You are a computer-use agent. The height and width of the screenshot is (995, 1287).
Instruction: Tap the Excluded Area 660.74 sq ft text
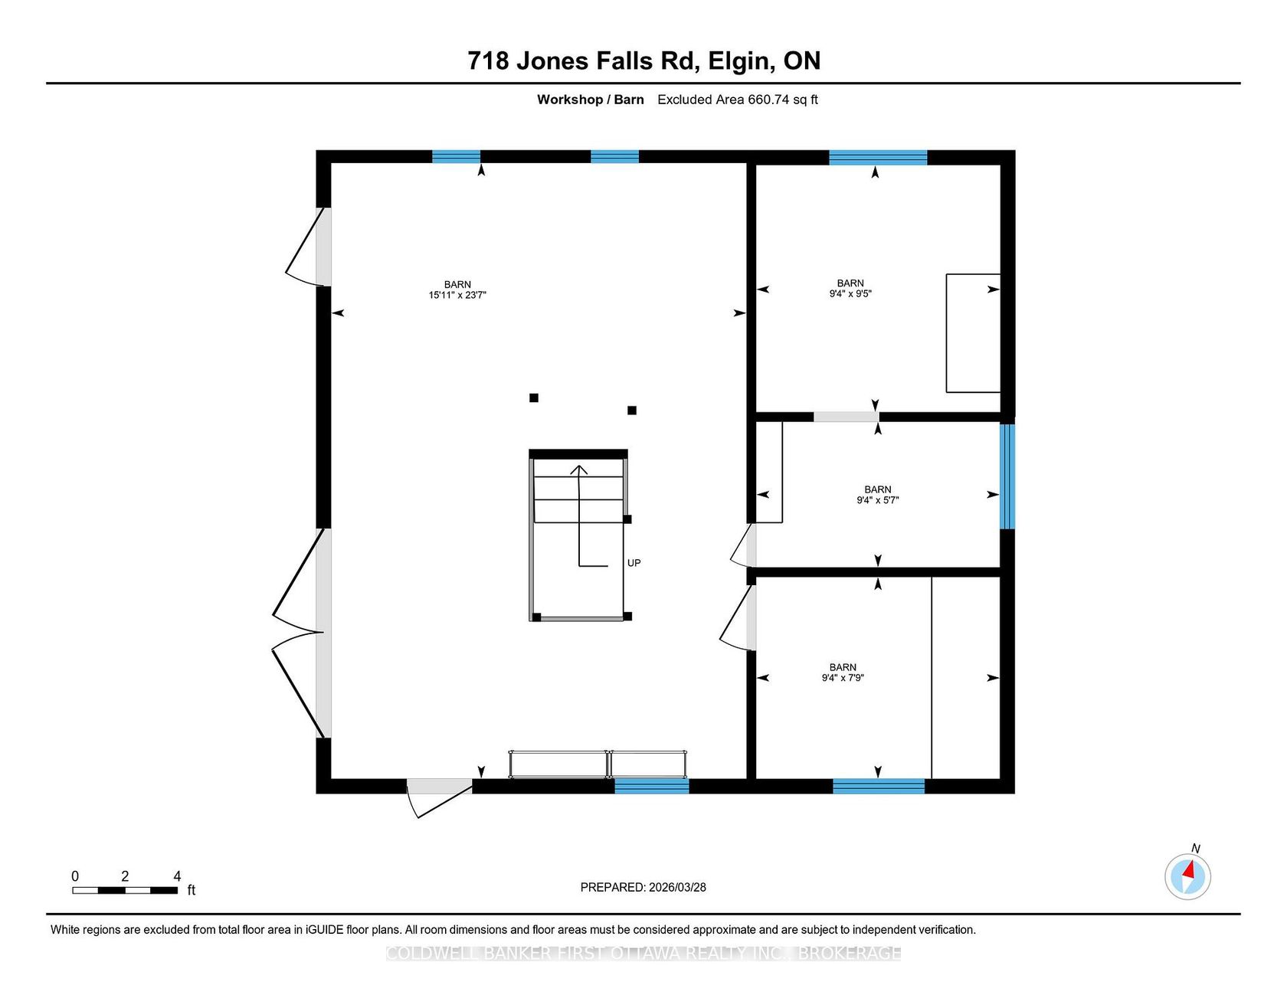738,100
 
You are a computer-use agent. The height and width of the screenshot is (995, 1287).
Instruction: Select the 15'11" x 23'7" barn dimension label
457,295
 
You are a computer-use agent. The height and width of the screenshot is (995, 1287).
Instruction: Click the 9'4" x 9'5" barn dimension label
850,293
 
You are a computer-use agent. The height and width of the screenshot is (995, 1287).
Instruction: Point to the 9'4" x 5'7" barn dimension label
878,500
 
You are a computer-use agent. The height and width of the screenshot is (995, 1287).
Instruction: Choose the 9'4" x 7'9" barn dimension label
843,678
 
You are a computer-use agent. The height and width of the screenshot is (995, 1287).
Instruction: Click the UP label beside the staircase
634,563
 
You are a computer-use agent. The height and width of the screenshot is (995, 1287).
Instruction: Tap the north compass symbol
1188,876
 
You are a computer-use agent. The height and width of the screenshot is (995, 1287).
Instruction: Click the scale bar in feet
125,890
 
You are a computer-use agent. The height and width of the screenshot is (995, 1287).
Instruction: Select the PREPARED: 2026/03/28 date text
643,887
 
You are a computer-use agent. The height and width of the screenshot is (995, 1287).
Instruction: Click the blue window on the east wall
1007,476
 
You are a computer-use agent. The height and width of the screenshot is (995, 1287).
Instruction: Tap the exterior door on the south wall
439,797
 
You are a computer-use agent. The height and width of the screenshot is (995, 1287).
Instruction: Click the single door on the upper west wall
309,247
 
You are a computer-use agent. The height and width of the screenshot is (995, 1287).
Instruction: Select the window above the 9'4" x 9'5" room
878,158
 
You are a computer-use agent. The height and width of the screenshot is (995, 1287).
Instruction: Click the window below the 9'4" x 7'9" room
879,786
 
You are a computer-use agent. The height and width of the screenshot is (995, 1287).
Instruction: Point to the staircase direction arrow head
579,470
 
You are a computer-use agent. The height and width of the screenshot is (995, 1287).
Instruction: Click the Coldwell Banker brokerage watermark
643,954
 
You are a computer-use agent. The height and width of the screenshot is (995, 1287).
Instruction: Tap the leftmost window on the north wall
456,157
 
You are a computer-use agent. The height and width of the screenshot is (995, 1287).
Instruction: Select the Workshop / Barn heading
591,100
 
